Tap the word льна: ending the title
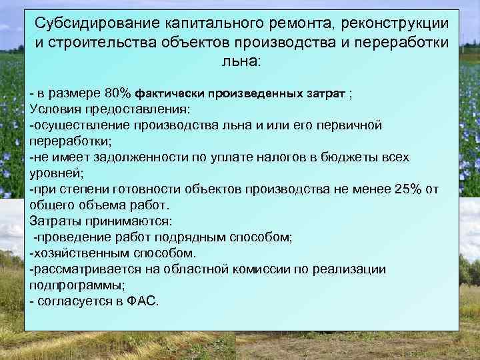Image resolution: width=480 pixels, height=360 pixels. tap(241, 61)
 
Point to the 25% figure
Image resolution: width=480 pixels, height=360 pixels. tap(409, 189)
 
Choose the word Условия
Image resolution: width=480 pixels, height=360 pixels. tap(56, 109)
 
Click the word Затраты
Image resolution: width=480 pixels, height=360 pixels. tap(56, 221)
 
